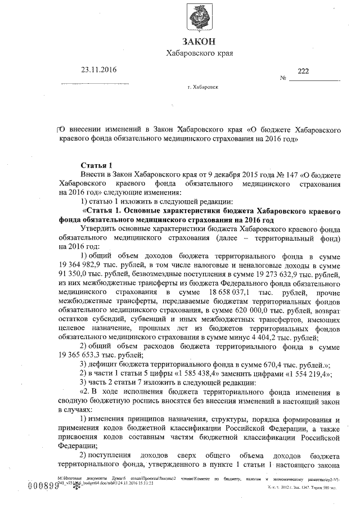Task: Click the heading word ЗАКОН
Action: tap(199, 41)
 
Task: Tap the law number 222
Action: tap(303, 71)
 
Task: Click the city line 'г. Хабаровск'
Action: tap(203, 88)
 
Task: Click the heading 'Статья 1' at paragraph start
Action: tap(97, 165)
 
